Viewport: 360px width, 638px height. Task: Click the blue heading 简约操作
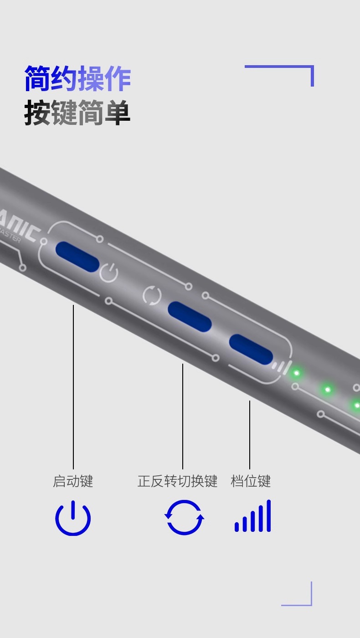click(x=77, y=78)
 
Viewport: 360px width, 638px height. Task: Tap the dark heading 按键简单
click(x=77, y=113)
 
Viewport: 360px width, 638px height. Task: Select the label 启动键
click(x=73, y=481)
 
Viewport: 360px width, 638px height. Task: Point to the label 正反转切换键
click(x=177, y=481)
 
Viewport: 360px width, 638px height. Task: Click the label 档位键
click(x=251, y=481)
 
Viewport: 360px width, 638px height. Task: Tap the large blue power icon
click(x=73, y=518)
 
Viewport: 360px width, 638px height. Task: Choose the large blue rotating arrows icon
click(x=184, y=517)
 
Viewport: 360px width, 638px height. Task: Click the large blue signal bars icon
click(x=253, y=516)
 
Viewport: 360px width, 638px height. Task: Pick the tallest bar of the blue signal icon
click(x=269, y=515)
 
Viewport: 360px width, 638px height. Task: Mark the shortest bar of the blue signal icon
click(x=237, y=526)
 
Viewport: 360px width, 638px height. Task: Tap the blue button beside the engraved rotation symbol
click(x=190, y=317)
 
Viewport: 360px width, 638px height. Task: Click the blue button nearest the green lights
click(x=251, y=349)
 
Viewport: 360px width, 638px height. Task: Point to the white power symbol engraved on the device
click(x=109, y=273)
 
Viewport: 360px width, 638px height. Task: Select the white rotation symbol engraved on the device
click(x=152, y=295)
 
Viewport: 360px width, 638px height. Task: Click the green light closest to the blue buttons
click(x=296, y=373)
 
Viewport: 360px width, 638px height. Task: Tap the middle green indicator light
click(x=327, y=390)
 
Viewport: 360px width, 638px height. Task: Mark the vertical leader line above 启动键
click(x=73, y=387)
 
